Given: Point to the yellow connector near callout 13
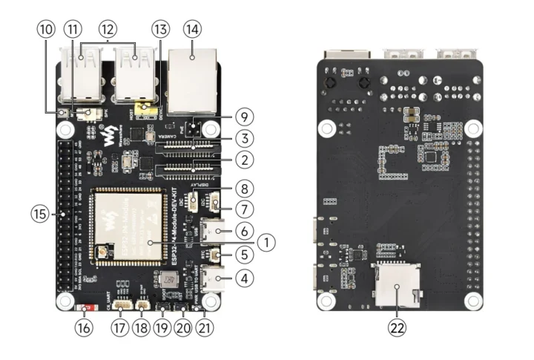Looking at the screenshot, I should point(151,111).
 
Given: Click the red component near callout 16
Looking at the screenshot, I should point(86,307).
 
